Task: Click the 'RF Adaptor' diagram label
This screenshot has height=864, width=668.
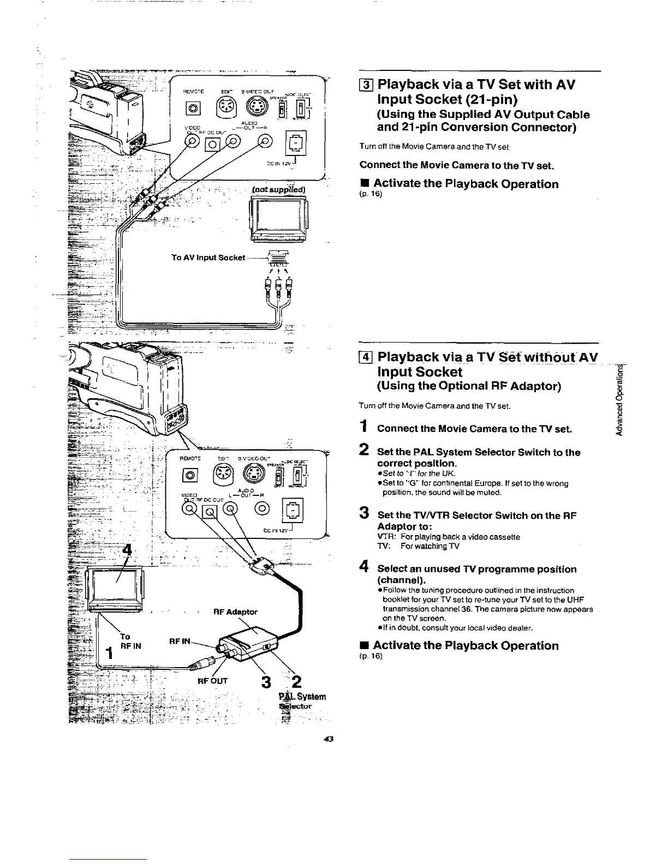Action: tap(236, 611)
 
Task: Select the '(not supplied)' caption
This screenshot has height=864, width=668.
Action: tap(279, 189)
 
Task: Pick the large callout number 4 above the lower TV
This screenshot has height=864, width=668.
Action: tap(127, 549)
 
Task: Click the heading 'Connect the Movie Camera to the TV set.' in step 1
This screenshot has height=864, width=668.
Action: tap(474, 429)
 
